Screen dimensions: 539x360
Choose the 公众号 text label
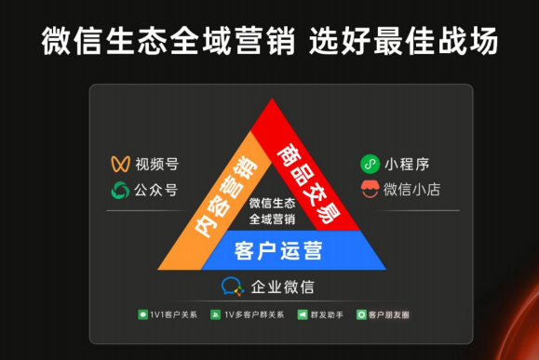coord(156,191)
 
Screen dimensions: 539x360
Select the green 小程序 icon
coord(370,165)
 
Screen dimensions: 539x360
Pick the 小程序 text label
coord(408,165)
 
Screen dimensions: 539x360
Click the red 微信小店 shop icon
coord(370,191)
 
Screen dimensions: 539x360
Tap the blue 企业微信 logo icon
coord(231,287)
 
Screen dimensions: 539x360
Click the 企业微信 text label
coord(282,287)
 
